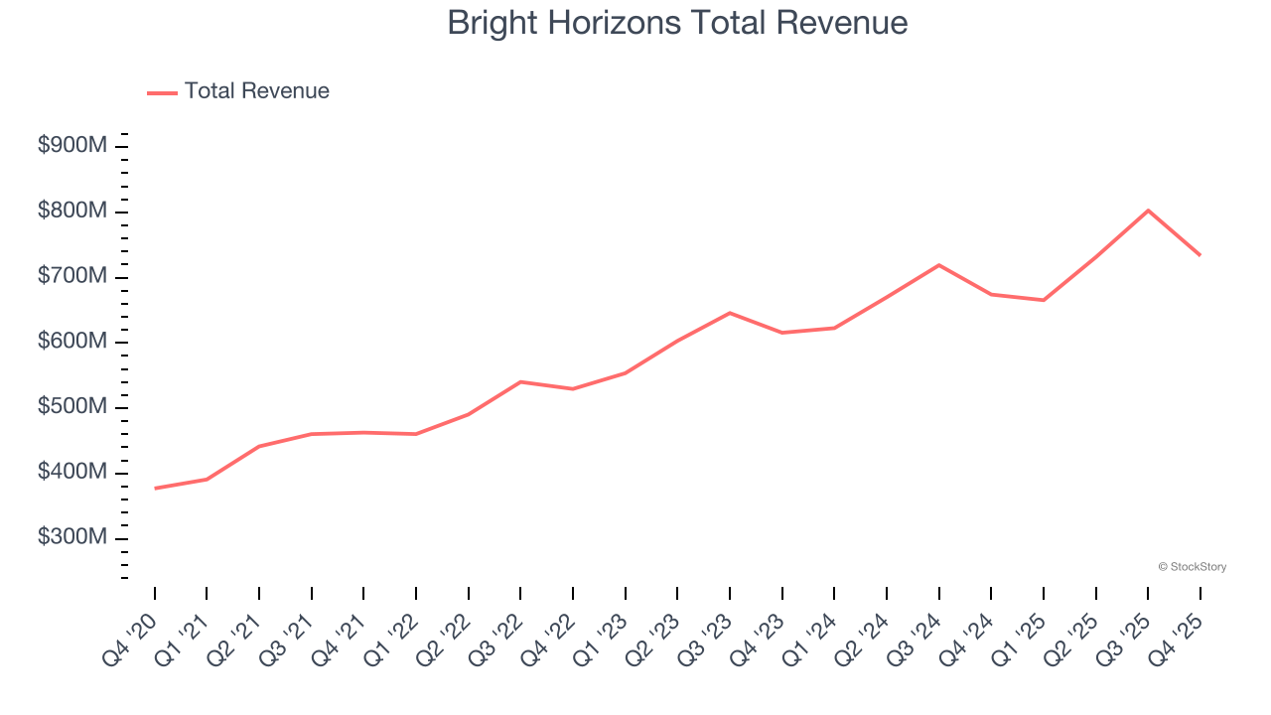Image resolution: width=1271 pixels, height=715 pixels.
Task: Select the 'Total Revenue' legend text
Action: (256, 91)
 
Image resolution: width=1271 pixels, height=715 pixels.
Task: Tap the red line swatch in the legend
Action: (162, 92)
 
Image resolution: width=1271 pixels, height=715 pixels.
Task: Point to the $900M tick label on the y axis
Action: (72, 146)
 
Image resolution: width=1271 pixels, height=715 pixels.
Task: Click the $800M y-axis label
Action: (72, 212)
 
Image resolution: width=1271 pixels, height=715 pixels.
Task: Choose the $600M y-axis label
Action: (72, 342)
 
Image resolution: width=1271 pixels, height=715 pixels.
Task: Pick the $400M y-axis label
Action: (72, 473)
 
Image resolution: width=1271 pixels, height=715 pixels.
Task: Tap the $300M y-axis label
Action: (72, 537)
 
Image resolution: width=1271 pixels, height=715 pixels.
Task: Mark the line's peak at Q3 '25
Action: (1148, 211)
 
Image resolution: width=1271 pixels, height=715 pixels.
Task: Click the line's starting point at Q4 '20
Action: (155, 489)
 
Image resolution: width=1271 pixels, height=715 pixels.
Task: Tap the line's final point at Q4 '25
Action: (1200, 255)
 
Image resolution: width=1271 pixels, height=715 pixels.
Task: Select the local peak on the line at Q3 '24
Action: (938, 265)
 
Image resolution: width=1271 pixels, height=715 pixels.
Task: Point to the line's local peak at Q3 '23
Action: (730, 313)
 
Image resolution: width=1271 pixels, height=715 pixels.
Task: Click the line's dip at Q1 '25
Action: (1044, 300)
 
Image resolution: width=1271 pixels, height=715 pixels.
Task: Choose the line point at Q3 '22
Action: (520, 381)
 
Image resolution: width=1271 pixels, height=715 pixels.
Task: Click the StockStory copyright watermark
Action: (1192, 567)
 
